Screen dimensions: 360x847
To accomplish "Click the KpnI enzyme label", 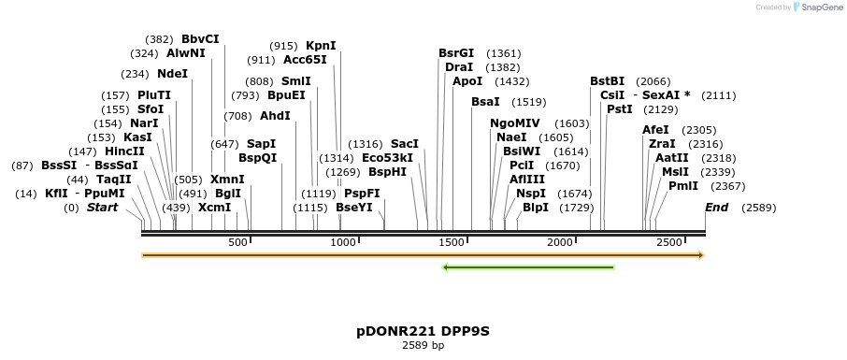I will (x=321, y=46).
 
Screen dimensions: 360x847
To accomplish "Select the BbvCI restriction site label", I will (x=200, y=39).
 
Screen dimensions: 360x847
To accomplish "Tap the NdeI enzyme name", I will (x=172, y=74).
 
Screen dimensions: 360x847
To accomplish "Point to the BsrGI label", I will (x=456, y=53).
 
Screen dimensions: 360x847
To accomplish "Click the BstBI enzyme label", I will (x=608, y=81).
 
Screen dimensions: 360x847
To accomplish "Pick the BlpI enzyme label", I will (x=536, y=208).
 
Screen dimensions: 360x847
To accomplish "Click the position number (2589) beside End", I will (x=758, y=208).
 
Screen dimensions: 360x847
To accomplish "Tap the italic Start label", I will (x=102, y=208).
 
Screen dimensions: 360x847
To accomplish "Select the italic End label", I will (x=717, y=208).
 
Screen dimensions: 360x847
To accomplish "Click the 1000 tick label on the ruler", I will (x=345, y=242).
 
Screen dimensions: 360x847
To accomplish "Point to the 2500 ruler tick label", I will (x=669, y=242).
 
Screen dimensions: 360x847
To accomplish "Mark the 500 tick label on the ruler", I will (x=237, y=242).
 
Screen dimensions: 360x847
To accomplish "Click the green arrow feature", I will (x=528, y=267).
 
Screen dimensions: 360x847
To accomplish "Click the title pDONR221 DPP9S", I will (x=423, y=331).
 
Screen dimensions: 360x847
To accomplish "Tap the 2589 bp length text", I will (x=423, y=346).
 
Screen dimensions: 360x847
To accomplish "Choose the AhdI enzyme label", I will (x=275, y=116).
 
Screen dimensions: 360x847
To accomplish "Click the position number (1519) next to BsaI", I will (x=529, y=102).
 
